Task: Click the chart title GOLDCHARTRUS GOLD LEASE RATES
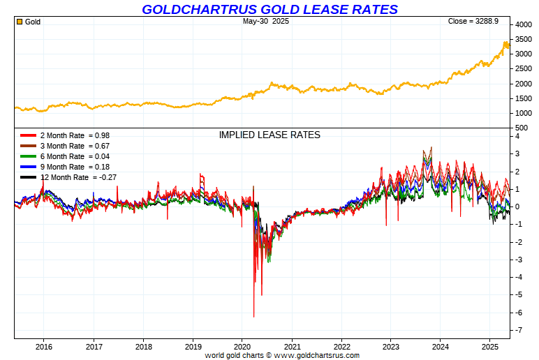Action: coord(269,9)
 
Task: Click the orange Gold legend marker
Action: coord(20,22)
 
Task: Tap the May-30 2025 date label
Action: coord(266,22)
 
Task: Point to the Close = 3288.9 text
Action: coord(473,22)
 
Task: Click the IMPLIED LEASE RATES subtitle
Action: coord(269,135)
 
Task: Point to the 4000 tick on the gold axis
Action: coord(523,24)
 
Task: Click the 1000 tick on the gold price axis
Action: coord(523,113)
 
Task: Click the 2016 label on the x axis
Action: coord(44,346)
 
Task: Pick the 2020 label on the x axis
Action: coord(242,346)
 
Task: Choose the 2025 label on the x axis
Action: coord(490,346)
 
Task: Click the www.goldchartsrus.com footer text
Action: coord(316,355)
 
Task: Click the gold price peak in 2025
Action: coord(505,43)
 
